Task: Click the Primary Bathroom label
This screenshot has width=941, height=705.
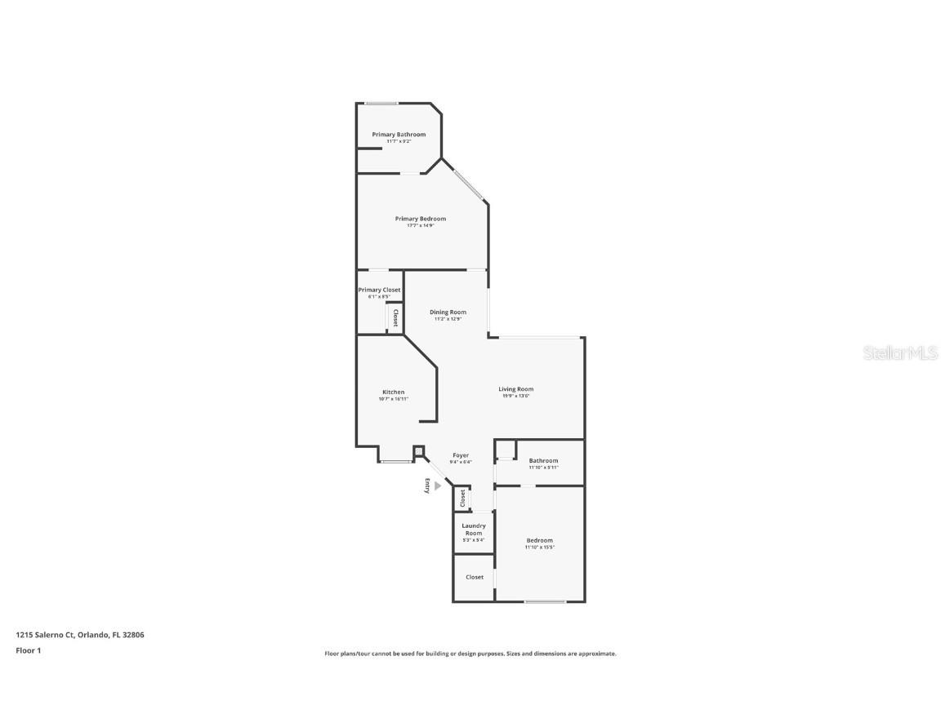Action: [x=399, y=135]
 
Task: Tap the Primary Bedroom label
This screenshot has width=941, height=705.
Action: [x=420, y=219]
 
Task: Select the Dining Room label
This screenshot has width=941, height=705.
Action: [x=448, y=313]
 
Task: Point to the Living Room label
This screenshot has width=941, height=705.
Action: [x=515, y=389]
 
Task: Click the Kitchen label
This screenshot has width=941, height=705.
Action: [x=393, y=392]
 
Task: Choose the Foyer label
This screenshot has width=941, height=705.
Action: [x=461, y=455]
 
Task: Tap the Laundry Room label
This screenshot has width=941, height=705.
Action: [x=474, y=530]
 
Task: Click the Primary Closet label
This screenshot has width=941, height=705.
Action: [x=379, y=290]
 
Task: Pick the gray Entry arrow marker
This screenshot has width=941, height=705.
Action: [x=437, y=486]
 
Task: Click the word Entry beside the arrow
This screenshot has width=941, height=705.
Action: [x=426, y=486]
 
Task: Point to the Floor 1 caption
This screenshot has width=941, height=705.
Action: [x=28, y=650]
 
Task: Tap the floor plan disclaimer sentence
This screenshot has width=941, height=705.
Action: [x=470, y=654]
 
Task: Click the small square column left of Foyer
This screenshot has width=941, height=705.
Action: [x=418, y=450]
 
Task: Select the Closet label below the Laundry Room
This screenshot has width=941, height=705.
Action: [x=475, y=577]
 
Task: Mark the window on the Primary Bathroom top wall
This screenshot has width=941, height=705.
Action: [x=381, y=103]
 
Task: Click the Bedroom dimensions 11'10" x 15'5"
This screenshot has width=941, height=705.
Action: [x=539, y=548]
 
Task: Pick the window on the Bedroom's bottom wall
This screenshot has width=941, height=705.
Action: [x=545, y=602]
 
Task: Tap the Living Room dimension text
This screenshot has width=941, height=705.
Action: [x=515, y=396]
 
